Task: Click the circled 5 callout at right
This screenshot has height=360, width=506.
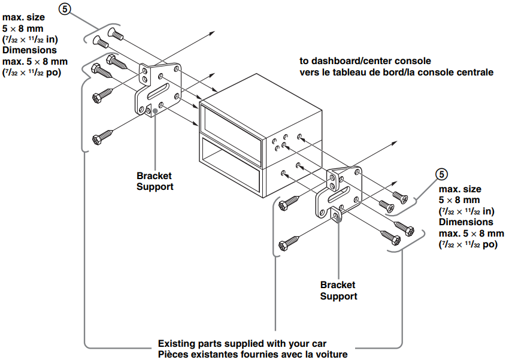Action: coord(441,174)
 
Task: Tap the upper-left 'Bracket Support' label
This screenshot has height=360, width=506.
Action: coord(154,181)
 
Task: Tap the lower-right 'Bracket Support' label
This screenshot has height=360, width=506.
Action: coord(338,291)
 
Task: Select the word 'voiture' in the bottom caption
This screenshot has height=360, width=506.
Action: coord(331,355)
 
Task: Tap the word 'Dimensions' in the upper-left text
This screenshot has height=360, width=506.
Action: coord(29,50)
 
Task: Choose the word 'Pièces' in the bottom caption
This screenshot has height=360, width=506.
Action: coord(172,355)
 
